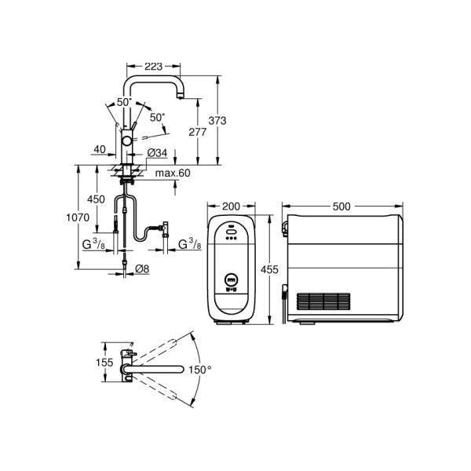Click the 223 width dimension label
coord(154,67)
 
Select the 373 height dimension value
coord(217,120)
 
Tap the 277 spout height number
coord(197,132)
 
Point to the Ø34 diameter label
coord(157,153)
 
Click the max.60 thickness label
coord(173,173)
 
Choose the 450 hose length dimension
coord(96,199)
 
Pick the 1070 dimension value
coord(78,217)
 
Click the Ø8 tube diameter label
coord(142,268)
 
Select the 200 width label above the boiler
coord(231,206)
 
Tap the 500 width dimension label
coord(341,206)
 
